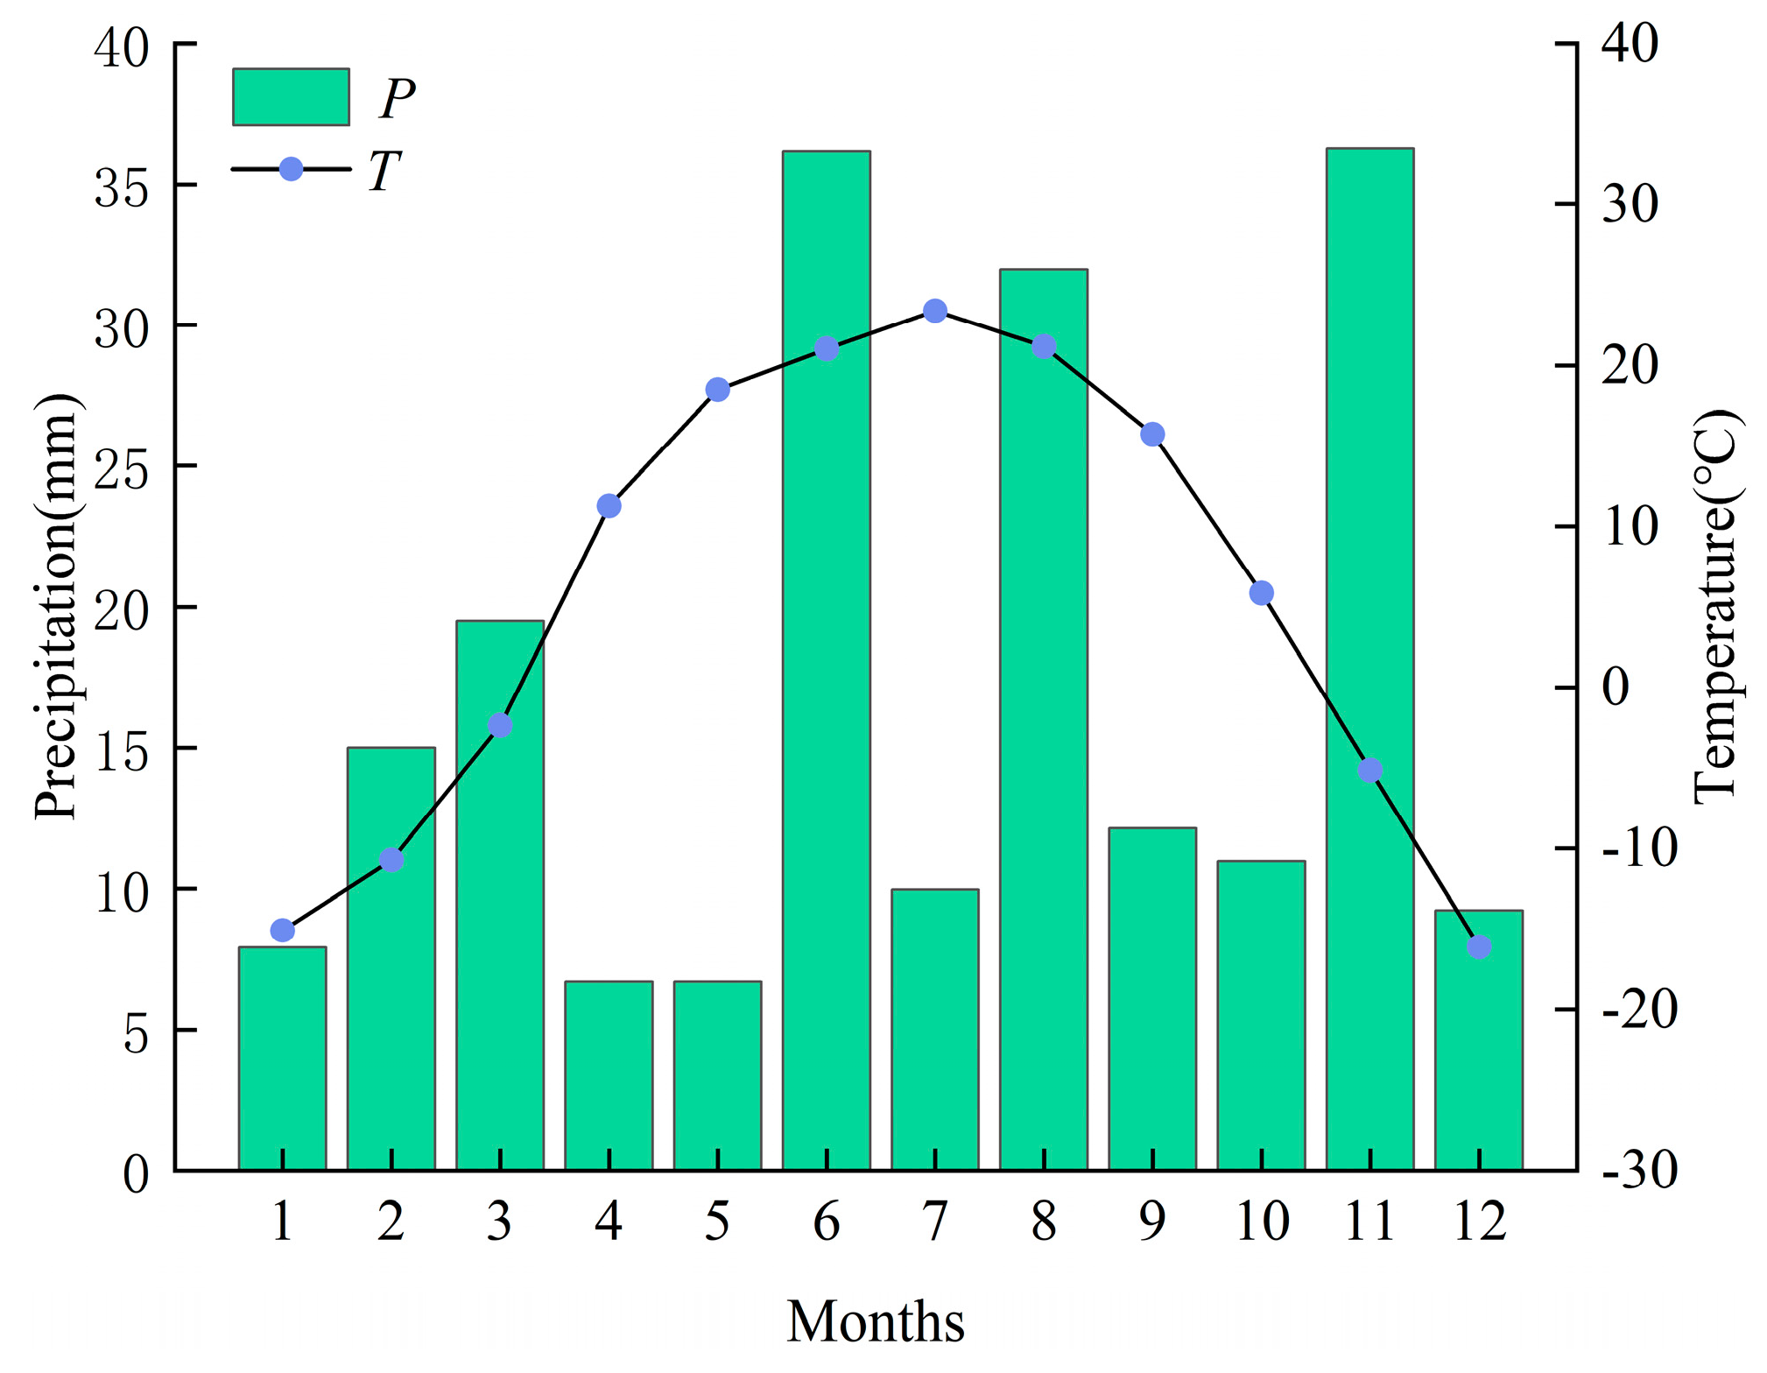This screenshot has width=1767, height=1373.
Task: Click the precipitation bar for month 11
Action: point(1369,525)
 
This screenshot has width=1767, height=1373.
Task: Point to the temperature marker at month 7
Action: point(935,311)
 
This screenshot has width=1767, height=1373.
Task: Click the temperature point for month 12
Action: point(1479,947)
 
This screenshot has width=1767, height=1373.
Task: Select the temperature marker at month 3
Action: point(500,725)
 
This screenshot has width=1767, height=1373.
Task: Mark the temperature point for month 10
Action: point(1261,593)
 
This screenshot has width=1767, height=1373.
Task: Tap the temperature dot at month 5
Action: point(717,390)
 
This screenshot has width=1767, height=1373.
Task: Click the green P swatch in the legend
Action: point(291,97)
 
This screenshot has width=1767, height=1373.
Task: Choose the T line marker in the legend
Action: point(291,169)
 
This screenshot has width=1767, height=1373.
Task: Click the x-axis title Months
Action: point(875,1321)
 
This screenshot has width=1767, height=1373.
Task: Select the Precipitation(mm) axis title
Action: point(56,606)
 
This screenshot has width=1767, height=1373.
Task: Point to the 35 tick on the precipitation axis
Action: point(122,187)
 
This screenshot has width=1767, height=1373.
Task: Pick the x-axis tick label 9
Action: point(1152,1221)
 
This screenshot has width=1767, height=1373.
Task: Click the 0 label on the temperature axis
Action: point(1616,687)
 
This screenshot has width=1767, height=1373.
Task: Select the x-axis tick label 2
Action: point(391,1221)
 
